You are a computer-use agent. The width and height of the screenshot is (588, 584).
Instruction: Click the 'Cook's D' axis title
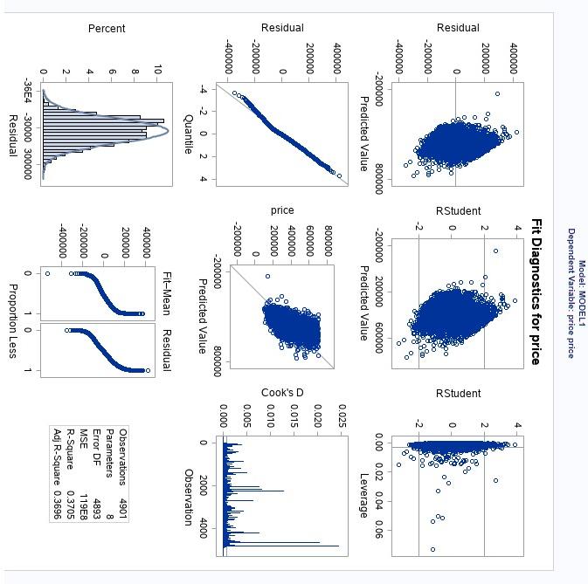[282, 393]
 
